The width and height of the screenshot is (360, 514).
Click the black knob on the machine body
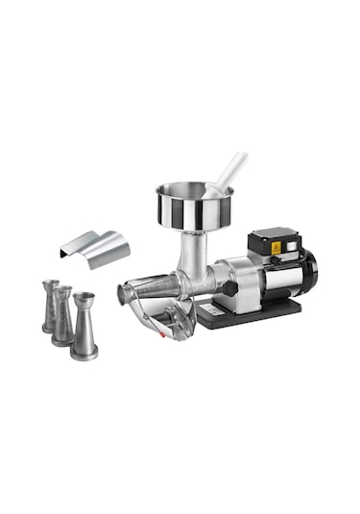[x=231, y=287]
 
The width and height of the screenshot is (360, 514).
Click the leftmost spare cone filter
[x=49, y=306]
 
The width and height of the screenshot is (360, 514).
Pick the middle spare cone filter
[x=63, y=315]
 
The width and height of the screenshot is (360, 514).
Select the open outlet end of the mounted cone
[x=124, y=293]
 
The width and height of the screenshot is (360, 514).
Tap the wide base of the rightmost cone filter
[x=84, y=352]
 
